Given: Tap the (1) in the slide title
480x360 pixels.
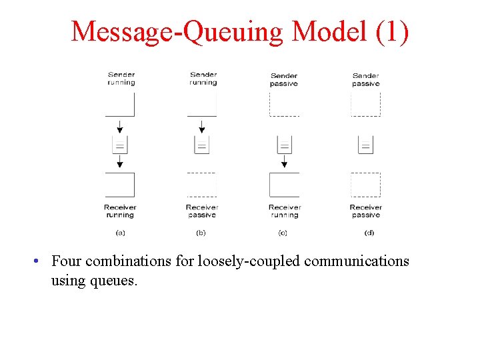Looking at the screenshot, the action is [x=393, y=31].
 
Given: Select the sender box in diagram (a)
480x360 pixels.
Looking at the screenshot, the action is [x=120, y=104].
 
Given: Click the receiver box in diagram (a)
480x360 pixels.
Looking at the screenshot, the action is [x=120, y=185].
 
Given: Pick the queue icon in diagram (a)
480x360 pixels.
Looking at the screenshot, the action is [x=120, y=145].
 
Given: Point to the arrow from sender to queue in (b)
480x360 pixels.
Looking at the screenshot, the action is [x=202, y=126].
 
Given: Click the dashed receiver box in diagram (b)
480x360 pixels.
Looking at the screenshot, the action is [x=202, y=185].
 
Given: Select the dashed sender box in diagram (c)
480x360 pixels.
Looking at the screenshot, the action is [x=284, y=104].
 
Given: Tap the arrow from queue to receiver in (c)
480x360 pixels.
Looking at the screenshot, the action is [x=284, y=161].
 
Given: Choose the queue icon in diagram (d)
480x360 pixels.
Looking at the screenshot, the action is [x=365, y=145].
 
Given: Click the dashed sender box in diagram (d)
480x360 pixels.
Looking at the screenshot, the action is [x=365, y=104].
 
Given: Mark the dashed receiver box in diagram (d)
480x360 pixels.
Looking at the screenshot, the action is [x=365, y=185].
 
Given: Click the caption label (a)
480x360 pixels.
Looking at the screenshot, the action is [x=120, y=233].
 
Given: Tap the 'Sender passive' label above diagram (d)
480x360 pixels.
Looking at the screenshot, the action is [x=365, y=80].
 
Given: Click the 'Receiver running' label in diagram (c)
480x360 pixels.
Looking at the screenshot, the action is [x=284, y=211].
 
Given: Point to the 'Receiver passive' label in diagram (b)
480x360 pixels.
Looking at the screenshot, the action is [x=202, y=211].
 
